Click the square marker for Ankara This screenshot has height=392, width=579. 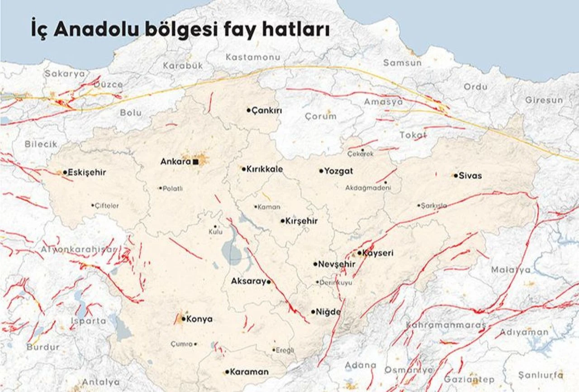(x=195, y=161)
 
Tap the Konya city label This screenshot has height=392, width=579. (x=199, y=319)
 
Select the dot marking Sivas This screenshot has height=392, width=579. (x=456, y=175)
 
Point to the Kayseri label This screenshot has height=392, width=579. (x=378, y=253)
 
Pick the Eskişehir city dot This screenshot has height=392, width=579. (x=65, y=172)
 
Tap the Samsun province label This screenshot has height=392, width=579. (x=402, y=63)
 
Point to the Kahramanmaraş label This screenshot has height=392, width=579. (x=446, y=325)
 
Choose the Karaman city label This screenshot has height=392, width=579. (x=249, y=372)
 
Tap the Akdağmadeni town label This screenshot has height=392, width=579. (x=368, y=188)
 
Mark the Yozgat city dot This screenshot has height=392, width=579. (x=321, y=171)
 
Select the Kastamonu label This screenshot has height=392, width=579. (x=253, y=57)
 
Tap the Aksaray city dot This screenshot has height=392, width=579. (x=269, y=282)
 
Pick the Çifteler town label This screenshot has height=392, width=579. (x=107, y=206)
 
